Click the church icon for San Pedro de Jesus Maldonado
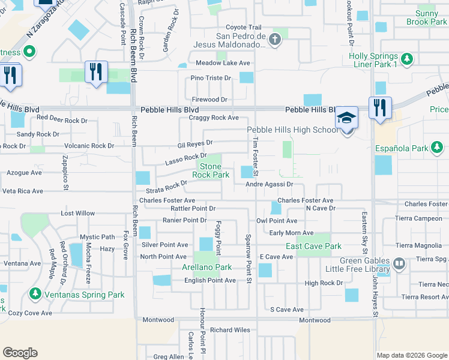click(275, 41)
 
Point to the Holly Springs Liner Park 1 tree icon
click(408, 59)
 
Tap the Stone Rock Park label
click(211, 170)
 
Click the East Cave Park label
click(314, 247)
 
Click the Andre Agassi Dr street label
click(269, 185)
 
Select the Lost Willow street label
click(78, 214)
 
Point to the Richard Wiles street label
click(230, 330)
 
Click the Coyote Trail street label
click(244, 28)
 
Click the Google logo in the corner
click(20, 353)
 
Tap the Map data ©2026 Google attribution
click(411, 355)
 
